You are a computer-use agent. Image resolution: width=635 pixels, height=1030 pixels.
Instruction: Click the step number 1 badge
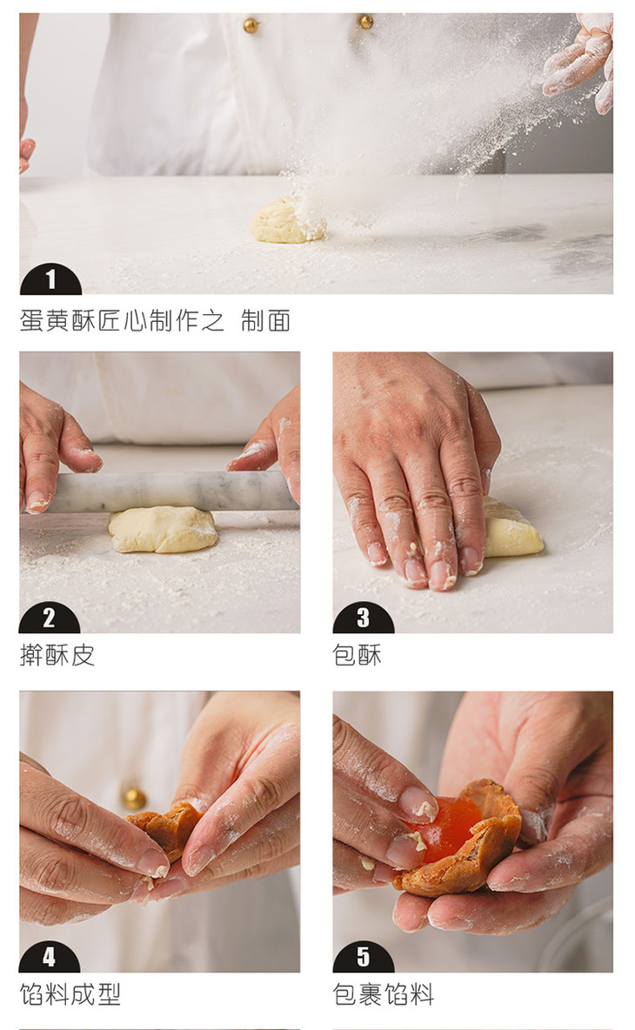click(x=50, y=280)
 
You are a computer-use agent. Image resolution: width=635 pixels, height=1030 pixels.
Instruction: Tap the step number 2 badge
click(x=50, y=619)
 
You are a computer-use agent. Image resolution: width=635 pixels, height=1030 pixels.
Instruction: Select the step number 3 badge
click(x=363, y=619)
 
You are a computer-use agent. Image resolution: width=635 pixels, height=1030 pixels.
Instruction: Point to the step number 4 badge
click(x=50, y=957)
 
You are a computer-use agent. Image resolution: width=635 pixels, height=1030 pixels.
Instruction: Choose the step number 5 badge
click(x=363, y=957)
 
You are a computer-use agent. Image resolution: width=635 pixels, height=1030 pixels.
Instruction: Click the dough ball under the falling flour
click(x=287, y=221)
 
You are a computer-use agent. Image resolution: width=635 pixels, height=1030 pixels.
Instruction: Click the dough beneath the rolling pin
click(x=162, y=530)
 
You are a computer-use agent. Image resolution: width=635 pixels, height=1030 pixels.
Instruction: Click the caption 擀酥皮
click(x=57, y=655)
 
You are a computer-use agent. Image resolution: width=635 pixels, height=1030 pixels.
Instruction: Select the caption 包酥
click(x=358, y=655)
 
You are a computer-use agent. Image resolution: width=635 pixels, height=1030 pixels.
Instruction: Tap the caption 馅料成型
click(x=70, y=993)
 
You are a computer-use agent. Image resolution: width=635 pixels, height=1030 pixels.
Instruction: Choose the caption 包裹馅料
click(x=384, y=993)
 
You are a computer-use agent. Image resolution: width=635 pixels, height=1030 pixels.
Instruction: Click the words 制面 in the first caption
click(x=265, y=320)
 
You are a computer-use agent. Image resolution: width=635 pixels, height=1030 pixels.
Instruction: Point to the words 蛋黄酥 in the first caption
click(x=57, y=320)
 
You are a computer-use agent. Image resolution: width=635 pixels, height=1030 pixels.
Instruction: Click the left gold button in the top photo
click(x=251, y=25)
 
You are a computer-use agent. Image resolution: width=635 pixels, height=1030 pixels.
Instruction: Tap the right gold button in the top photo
click(x=365, y=22)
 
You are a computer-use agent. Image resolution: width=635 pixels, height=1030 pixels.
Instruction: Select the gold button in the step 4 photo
click(x=135, y=798)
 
